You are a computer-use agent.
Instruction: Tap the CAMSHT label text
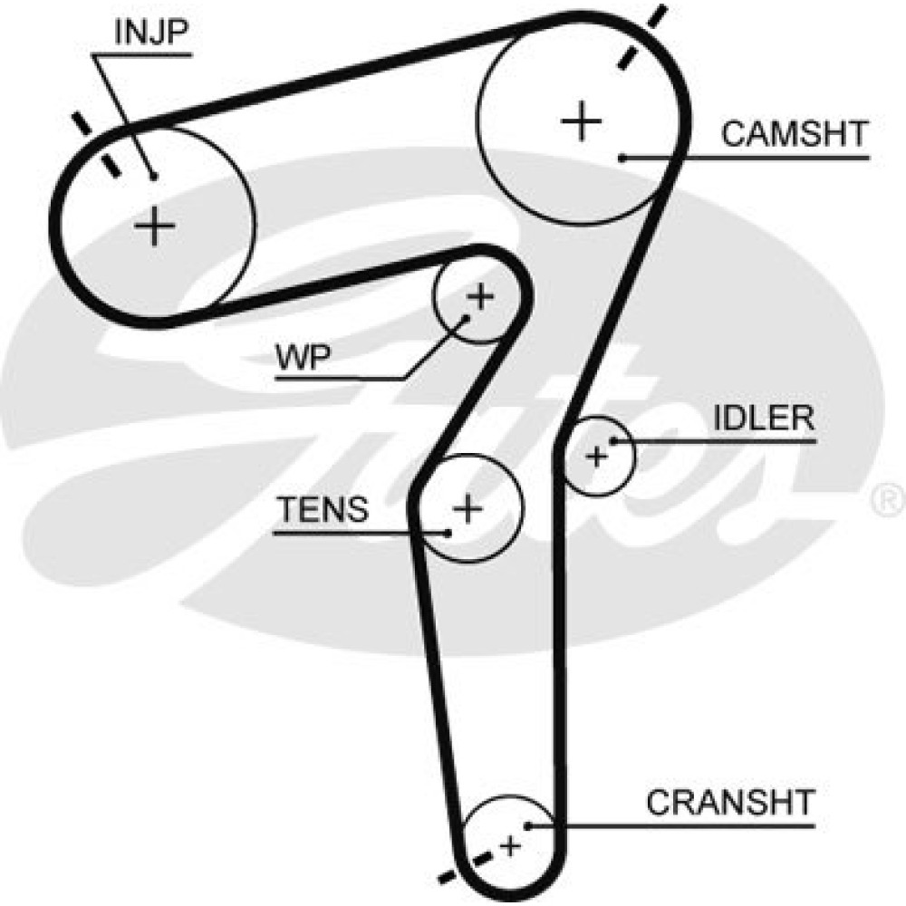(x=795, y=134)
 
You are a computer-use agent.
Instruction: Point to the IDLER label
(x=764, y=419)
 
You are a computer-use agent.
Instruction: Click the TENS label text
(x=323, y=510)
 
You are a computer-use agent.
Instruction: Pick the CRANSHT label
(x=730, y=802)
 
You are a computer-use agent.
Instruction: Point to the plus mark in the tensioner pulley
(x=467, y=509)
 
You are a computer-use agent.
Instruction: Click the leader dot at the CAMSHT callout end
(x=623, y=159)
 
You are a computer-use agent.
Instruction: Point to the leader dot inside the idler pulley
(x=613, y=441)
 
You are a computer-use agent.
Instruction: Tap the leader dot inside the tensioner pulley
(x=448, y=532)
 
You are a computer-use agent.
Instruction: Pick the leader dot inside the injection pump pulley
(x=154, y=176)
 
